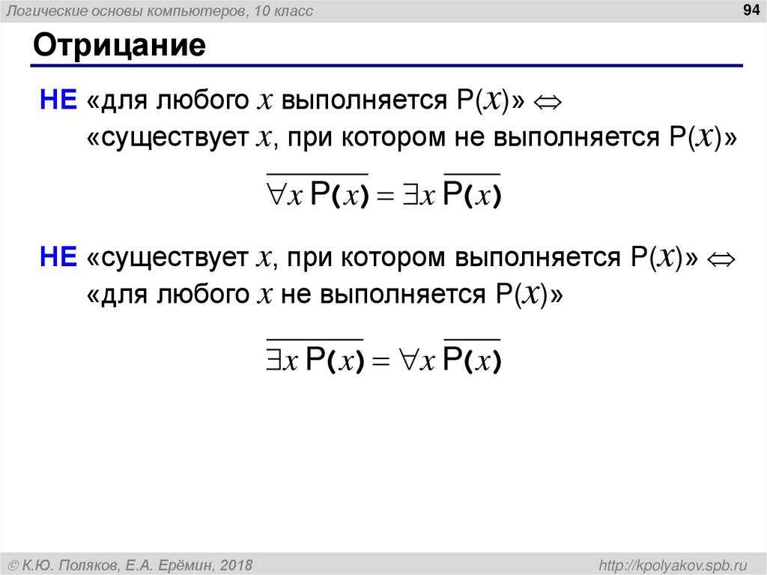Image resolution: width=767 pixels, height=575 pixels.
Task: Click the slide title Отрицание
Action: (x=118, y=46)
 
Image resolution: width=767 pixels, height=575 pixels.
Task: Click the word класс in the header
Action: (x=294, y=11)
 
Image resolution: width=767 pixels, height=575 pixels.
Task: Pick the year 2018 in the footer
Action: (x=236, y=564)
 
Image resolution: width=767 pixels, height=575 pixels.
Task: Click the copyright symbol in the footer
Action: (x=13, y=564)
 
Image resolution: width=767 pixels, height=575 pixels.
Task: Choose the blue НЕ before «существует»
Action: (x=58, y=258)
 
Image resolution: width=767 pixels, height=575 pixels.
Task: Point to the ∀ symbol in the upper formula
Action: (x=276, y=194)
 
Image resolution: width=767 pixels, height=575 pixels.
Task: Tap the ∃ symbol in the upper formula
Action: (x=407, y=194)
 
